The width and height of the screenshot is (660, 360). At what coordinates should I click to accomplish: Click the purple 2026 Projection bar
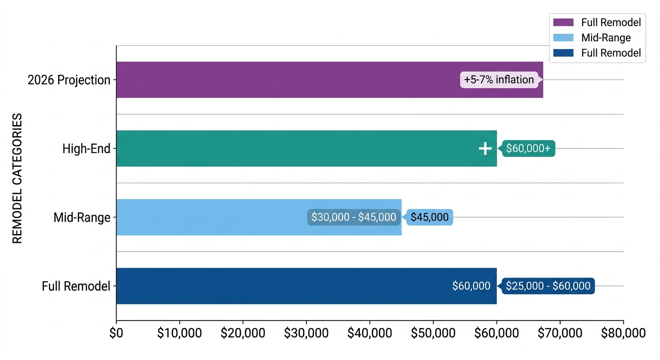281,80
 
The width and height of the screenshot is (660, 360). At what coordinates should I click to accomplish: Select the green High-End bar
281,148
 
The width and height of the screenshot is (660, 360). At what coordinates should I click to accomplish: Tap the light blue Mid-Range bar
211,217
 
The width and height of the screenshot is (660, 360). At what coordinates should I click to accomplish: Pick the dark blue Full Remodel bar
281,286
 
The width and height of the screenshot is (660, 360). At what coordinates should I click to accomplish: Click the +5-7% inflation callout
499,80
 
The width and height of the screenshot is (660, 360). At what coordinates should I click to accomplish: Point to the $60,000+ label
528,149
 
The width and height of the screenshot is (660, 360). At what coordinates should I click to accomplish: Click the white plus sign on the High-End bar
485,149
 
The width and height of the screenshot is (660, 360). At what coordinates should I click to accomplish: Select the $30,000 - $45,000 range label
353,217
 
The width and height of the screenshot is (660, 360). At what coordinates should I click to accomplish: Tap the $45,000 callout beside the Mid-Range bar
429,217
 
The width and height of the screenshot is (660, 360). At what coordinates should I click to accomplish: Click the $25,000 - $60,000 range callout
548,286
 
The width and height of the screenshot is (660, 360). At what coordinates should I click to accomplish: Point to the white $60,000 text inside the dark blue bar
471,286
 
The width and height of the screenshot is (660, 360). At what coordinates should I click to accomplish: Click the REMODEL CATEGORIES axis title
17,178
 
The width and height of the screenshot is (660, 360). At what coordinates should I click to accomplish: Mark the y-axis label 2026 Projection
69,80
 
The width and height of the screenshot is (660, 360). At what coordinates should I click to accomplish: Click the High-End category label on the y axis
86,149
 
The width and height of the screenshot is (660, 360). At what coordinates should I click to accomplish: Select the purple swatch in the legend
563,22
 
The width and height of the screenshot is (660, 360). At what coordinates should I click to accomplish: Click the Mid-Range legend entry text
606,37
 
